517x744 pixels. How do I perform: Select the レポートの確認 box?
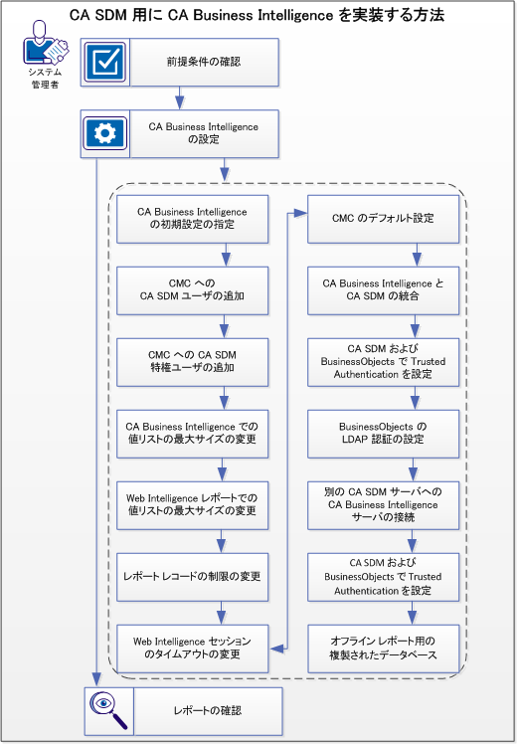[204, 710]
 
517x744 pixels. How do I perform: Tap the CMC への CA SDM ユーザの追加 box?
[192, 289]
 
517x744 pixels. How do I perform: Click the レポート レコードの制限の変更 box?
[192, 577]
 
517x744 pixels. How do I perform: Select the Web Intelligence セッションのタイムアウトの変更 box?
[192, 648]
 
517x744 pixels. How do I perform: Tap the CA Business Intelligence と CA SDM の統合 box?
[384, 289]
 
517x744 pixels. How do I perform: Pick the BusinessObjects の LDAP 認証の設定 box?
[384, 433]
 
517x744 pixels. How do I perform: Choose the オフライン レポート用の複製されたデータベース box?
[384, 648]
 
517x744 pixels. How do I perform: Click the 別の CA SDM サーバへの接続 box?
[384, 504]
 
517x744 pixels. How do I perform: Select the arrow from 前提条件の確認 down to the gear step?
[180, 97]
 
